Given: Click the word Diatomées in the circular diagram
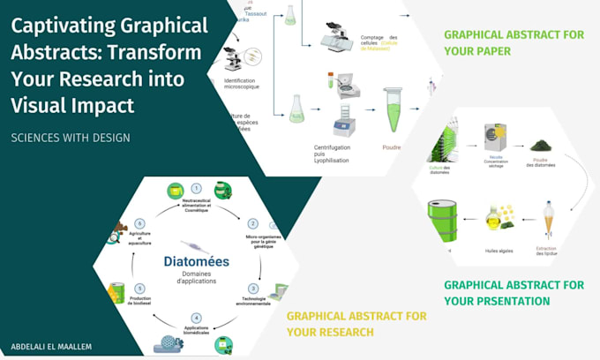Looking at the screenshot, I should click(x=196, y=261).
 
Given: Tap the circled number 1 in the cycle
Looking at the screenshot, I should click(x=196, y=188).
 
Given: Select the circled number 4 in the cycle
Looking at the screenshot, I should click(x=196, y=318).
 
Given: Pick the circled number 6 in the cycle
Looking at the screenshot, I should click(x=139, y=223).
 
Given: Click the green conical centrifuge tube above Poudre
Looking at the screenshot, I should click(x=392, y=109).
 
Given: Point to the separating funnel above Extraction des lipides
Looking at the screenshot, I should click(x=549, y=221).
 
